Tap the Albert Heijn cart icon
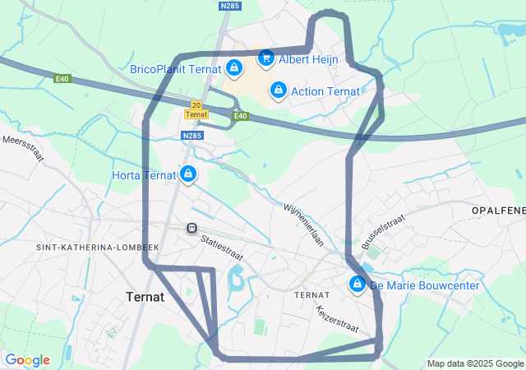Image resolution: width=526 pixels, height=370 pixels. (x=265, y=58)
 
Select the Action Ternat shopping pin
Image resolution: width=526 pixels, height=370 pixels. (x=279, y=90)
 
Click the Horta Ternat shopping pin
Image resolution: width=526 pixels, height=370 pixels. (x=189, y=173)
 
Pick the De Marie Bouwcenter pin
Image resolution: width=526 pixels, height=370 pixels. (x=358, y=284)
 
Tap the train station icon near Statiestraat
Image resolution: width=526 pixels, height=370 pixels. (x=191, y=228)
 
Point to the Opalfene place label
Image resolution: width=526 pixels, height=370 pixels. (x=498, y=211)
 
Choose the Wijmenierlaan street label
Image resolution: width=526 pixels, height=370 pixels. (x=303, y=223)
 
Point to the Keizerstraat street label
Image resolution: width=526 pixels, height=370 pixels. (x=337, y=319)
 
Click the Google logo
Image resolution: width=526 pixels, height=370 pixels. (x=27, y=360)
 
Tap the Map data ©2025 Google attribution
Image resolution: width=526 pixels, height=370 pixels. (x=474, y=363)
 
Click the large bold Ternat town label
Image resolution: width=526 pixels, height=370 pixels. (x=145, y=297)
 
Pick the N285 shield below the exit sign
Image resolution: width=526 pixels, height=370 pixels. (x=191, y=136)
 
